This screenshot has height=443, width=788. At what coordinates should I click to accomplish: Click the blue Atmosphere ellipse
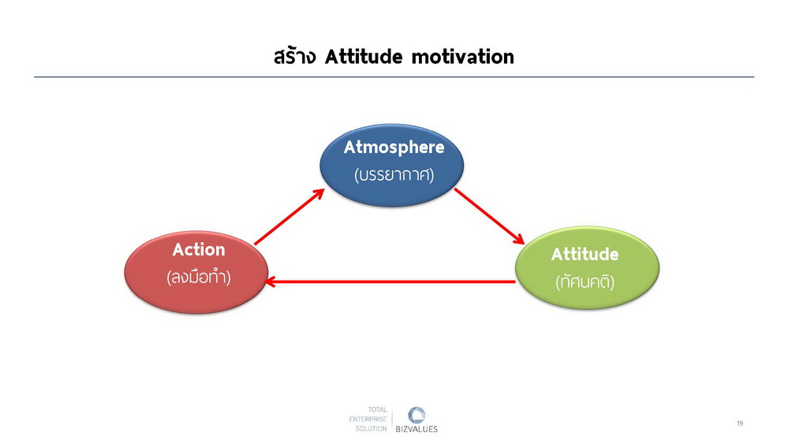pos(392,166)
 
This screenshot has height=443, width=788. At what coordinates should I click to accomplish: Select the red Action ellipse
pos(196,272)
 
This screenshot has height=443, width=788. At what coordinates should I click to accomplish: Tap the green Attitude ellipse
pos(587,268)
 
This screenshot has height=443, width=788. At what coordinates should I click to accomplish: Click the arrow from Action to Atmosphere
pos(289,217)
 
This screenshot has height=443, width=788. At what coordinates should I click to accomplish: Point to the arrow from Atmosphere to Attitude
pos(490,217)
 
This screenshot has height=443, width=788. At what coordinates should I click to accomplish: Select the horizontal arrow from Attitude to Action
pos(390,281)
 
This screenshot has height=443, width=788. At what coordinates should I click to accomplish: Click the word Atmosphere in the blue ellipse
pos(394,147)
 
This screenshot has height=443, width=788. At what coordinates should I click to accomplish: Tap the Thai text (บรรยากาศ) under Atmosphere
pos(394,174)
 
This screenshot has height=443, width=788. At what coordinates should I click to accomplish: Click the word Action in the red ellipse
pos(199,250)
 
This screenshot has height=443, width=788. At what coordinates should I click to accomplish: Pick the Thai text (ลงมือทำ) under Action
pos(199,277)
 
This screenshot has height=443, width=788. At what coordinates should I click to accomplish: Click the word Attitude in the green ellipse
pos(585,254)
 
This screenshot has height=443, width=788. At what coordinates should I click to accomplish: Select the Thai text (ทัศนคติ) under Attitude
pos(585,281)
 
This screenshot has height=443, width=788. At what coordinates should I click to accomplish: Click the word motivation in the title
pos(463,57)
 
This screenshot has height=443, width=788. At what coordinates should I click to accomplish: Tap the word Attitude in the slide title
pos(364,57)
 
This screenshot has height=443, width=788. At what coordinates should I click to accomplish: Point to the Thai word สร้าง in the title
pos(295,56)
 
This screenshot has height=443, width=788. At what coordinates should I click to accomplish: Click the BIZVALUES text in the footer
pos(416,429)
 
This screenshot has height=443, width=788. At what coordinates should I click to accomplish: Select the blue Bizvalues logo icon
pos(416,415)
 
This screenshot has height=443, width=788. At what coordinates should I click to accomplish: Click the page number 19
pos(740,423)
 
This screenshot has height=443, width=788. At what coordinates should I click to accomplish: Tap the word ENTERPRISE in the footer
pos(368,419)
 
